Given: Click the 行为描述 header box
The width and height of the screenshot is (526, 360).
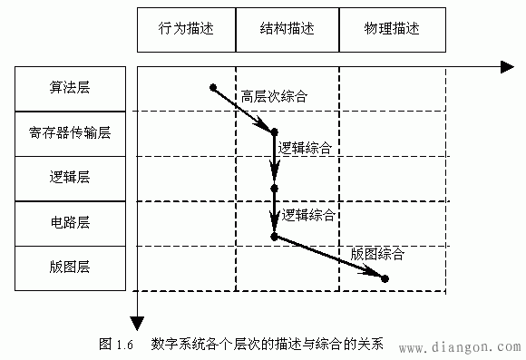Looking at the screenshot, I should pyautogui.click(x=186, y=29).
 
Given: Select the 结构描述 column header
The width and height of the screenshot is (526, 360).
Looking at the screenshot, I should pyautogui.click(x=287, y=29).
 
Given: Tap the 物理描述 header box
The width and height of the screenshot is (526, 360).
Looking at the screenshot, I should pyautogui.click(x=392, y=29).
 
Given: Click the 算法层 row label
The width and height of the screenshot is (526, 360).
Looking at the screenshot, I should pyautogui.click(x=70, y=88).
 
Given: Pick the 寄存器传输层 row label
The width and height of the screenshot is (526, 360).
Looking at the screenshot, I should pyautogui.click(x=70, y=133).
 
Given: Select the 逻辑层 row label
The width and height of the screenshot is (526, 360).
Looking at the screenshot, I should pyautogui.click(x=70, y=178).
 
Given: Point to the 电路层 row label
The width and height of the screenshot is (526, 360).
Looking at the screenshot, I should pyautogui.click(x=70, y=222).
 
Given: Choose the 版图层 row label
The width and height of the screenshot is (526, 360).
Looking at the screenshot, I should pyautogui.click(x=70, y=267).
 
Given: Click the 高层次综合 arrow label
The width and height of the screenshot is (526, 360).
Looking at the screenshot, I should pyautogui.click(x=275, y=95).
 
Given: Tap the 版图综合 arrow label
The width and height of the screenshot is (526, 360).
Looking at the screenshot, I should pyautogui.click(x=376, y=253).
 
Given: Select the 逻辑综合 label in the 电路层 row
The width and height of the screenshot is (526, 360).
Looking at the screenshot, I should pyautogui.click(x=308, y=216).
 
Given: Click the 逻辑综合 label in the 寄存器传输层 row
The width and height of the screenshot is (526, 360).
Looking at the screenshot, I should pyautogui.click(x=305, y=146).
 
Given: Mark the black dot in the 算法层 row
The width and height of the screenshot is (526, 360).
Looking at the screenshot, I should pyautogui.click(x=213, y=87).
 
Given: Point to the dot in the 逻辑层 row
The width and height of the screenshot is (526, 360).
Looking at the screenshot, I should pyautogui.click(x=274, y=189).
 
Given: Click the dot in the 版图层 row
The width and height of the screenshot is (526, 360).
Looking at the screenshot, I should pyautogui.click(x=385, y=278).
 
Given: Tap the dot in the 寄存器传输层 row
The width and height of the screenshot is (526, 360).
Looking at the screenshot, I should pyautogui.click(x=274, y=132).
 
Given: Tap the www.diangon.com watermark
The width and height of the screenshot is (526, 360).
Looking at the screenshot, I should pyautogui.click(x=459, y=347).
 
